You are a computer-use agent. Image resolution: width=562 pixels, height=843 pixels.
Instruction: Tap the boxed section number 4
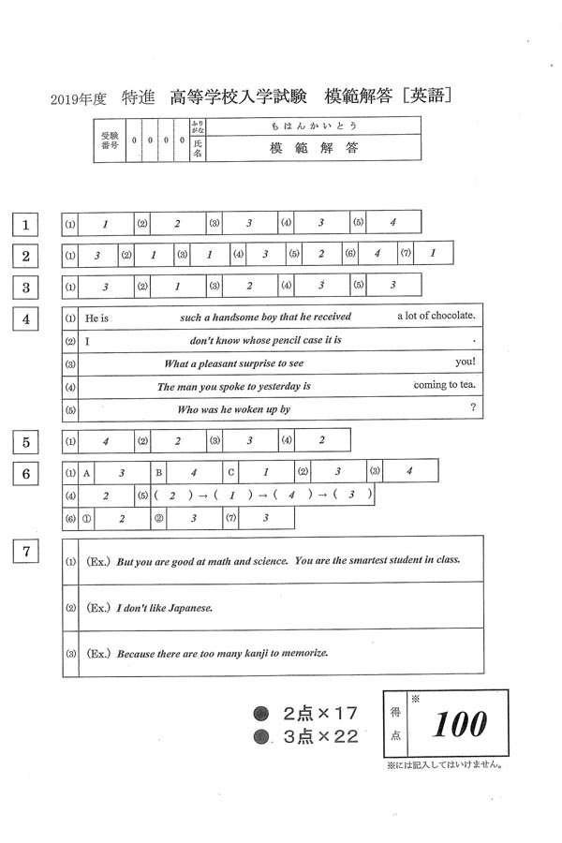coord(27,319)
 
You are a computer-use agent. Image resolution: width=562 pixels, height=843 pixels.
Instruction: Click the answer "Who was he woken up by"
coord(234,409)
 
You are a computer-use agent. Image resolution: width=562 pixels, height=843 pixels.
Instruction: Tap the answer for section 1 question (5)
coord(393,223)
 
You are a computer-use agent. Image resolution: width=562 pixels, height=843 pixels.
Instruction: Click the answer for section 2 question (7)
coord(433,254)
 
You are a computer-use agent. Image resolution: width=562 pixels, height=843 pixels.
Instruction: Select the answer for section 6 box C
coord(265,472)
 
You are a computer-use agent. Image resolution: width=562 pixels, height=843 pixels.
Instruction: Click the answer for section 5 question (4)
coord(321,440)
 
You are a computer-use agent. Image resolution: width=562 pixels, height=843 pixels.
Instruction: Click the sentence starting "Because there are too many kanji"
coord(221,653)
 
